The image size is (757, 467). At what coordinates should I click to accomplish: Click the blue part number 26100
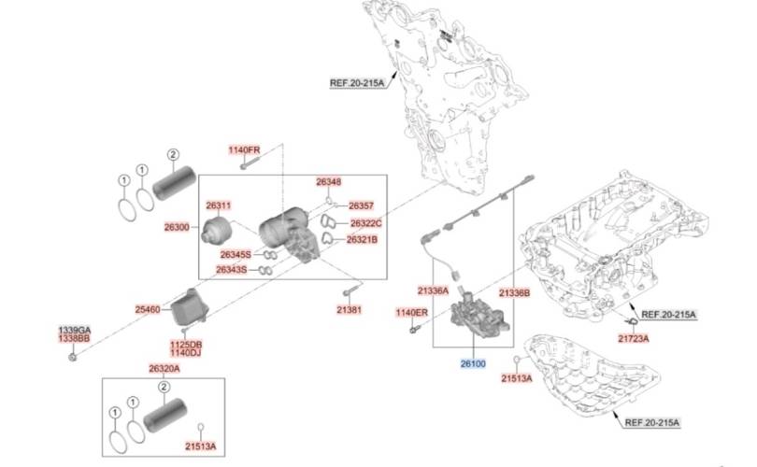point(473,363)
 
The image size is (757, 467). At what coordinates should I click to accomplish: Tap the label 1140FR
point(244,150)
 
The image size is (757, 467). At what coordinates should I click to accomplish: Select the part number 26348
point(329,182)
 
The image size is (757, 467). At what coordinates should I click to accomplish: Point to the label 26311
point(219,205)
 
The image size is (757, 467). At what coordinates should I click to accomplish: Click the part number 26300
point(177,227)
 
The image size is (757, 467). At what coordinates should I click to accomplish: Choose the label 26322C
point(366,223)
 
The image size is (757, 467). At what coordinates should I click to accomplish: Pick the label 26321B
point(362,239)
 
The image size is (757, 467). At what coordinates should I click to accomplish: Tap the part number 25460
point(148,309)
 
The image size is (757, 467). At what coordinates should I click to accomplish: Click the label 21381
point(349,310)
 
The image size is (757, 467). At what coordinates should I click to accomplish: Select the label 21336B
point(515,293)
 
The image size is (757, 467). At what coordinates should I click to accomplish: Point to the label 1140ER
point(412,313)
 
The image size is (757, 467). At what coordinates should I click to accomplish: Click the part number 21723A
point(634,339)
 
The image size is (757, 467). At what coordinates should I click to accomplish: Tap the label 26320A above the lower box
point(164,369)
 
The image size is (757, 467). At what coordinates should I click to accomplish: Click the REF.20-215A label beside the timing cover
point(357,83)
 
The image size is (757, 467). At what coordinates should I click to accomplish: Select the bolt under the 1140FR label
point(250,163)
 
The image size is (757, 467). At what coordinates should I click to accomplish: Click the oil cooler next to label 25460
point(189,306)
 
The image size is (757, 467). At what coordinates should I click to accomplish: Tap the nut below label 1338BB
point(73,357)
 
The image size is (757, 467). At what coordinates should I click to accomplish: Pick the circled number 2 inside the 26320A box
point(164,387)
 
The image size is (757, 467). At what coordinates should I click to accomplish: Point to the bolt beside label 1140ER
point(415,329)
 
